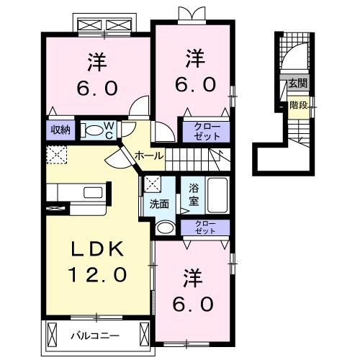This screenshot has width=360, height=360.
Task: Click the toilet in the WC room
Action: click(93, 131)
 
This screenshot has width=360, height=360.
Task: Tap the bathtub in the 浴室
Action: click(217, 195)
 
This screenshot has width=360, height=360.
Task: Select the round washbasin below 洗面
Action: click(166, 227)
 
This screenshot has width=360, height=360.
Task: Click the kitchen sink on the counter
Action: click(93, 192)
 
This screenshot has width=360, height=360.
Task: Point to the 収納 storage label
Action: click(60, 130)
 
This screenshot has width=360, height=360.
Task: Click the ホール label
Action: click(149, 156)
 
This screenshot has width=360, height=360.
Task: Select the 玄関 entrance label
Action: click(297, 84)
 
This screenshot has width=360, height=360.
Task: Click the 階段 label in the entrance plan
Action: click(298, 105)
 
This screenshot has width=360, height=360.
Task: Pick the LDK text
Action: click(97, 248)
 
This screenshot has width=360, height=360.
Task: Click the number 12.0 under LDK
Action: click(97, 274)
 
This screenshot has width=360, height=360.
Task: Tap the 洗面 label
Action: click(159, 204)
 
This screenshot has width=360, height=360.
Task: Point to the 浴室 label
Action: click(194, 194)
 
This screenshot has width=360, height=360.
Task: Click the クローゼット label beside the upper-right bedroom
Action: click(207, 132)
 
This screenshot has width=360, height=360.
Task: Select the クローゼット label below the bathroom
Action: click(205, 228)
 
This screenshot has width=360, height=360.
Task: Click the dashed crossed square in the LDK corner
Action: click(57, 155)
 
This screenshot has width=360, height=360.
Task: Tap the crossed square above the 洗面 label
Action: click(153, 184)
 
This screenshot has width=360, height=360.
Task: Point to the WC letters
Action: click(109, 130)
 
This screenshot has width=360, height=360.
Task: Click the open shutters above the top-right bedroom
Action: click(192, 13)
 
